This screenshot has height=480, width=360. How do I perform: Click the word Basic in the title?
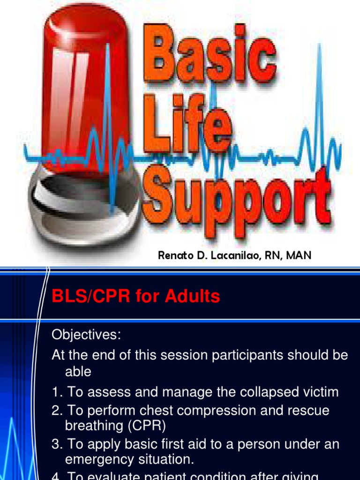click(213, 56)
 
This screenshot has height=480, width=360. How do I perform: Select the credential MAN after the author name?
click(296, 255)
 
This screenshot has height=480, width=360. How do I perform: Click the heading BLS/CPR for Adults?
click(135, 296)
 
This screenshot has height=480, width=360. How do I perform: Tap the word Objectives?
click(86, 335)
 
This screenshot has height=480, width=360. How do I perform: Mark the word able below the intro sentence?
click(78, 372)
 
